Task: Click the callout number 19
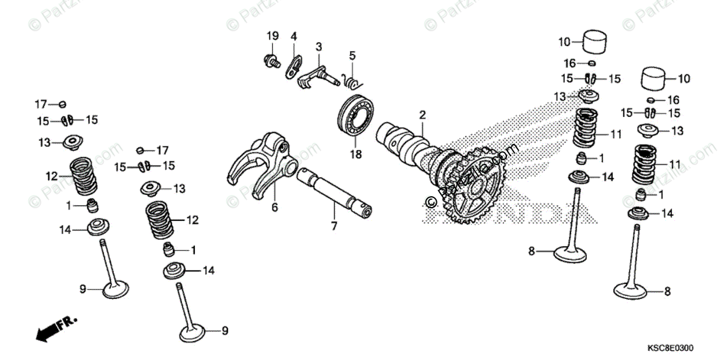click(272, 36)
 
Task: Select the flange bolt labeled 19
click(271, 60)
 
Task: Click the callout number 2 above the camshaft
click(422, 114)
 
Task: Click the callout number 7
click(334, 226)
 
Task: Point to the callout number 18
click(357, 155)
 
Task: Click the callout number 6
click(275, 207)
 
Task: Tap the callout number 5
click(352, 56)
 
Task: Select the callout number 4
click(294, 36)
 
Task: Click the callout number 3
click(319, 46)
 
